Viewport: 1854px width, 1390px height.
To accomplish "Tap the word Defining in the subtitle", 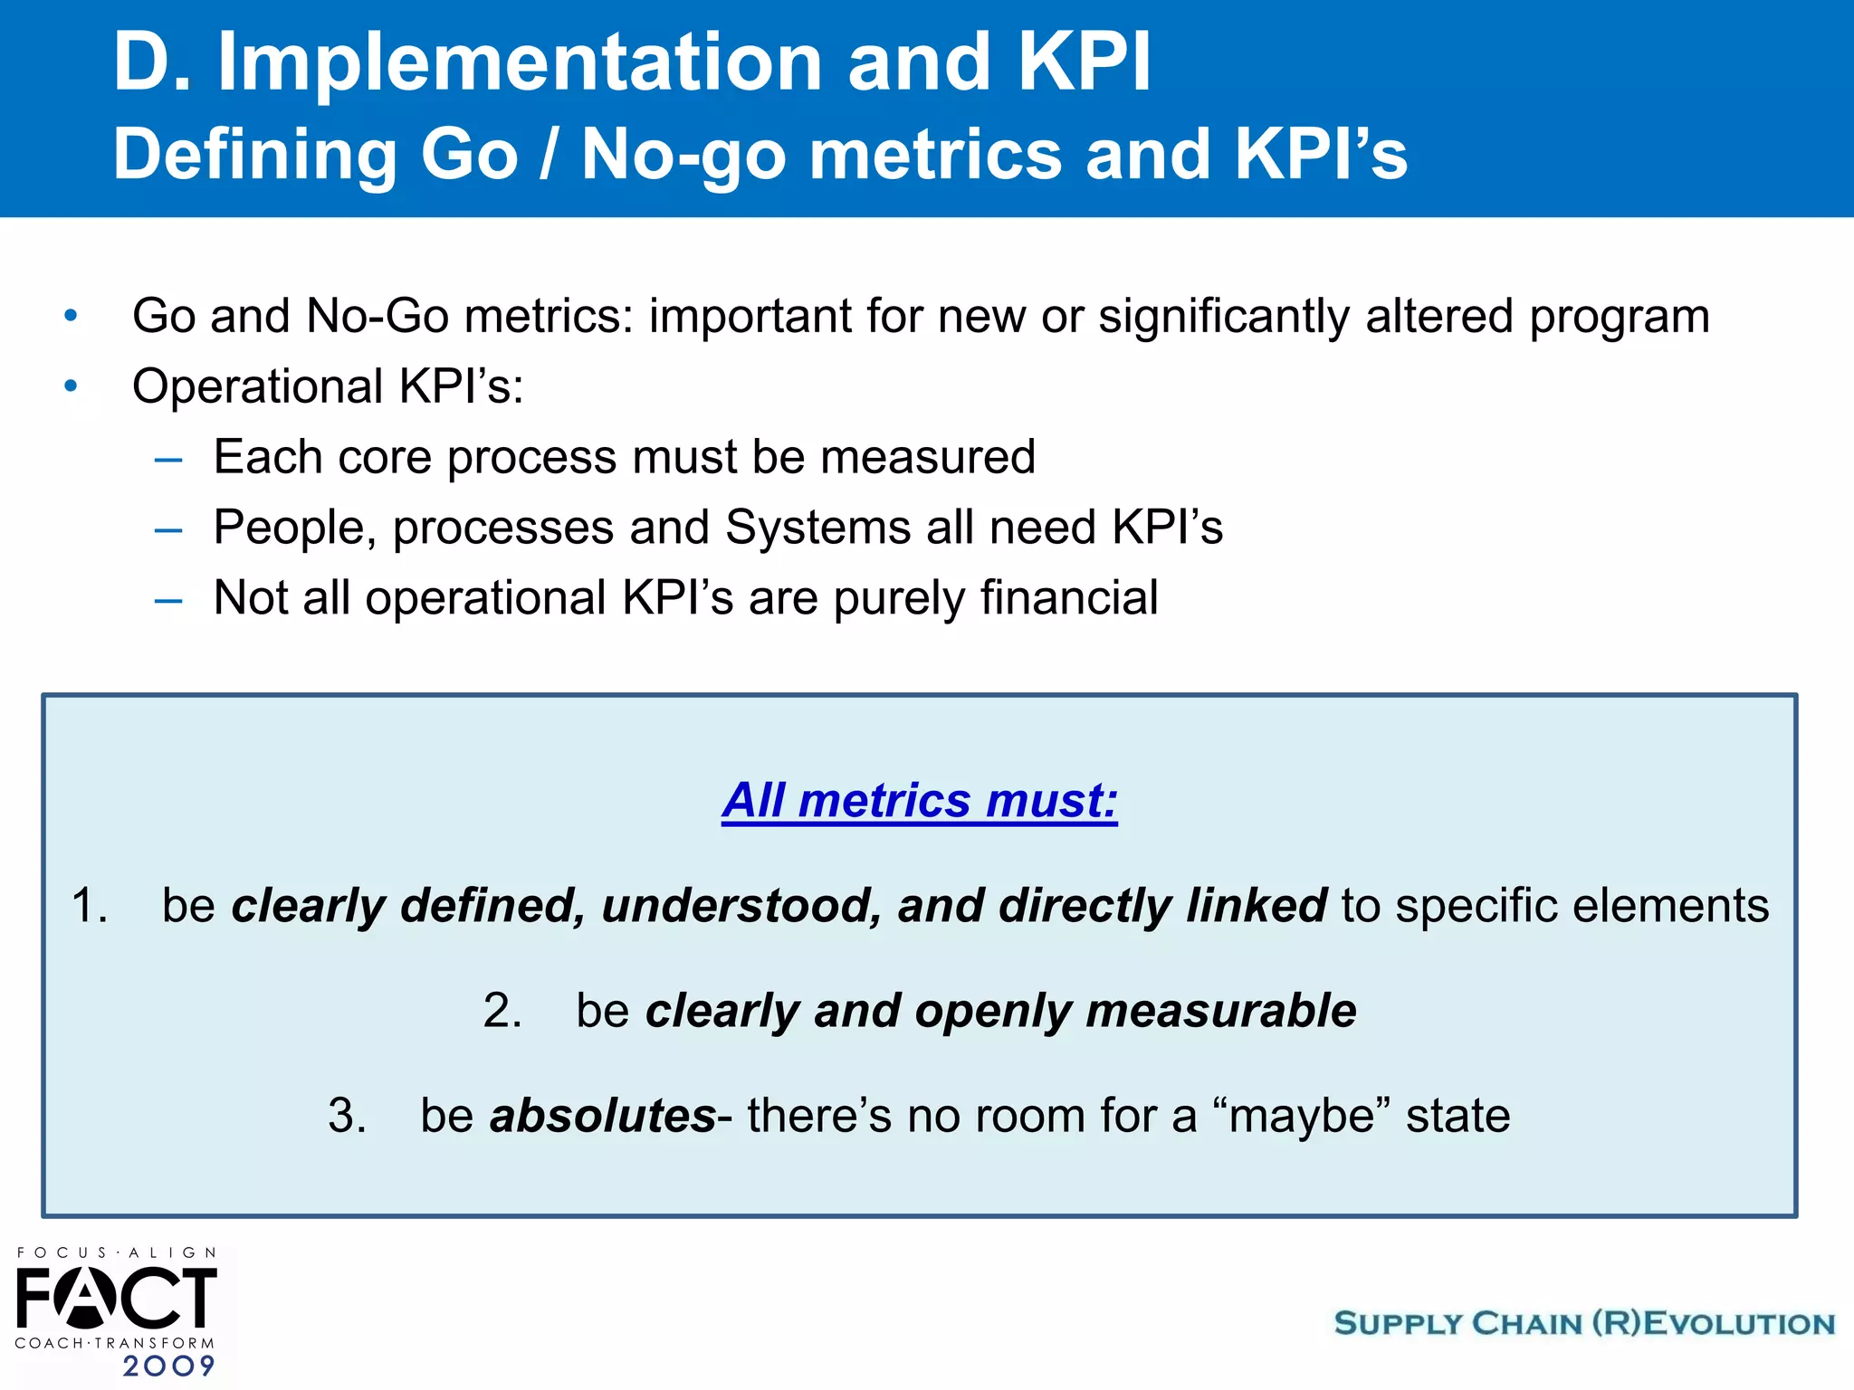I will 254,154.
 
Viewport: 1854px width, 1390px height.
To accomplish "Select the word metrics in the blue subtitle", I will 935,154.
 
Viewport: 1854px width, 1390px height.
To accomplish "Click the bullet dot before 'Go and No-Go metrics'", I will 71,317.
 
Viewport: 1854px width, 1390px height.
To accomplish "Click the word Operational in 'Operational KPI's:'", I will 257,386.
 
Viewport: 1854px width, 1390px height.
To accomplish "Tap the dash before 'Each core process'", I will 168,460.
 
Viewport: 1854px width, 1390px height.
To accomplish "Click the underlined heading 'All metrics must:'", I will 920,800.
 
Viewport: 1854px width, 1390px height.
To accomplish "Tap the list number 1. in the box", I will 89,905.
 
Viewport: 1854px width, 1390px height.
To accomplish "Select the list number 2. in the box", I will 502,1010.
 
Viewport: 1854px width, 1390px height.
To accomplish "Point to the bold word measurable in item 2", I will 1220,1010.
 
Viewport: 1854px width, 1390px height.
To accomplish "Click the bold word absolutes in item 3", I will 603,1115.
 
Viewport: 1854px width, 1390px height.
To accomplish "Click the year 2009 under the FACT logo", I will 168,1365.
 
